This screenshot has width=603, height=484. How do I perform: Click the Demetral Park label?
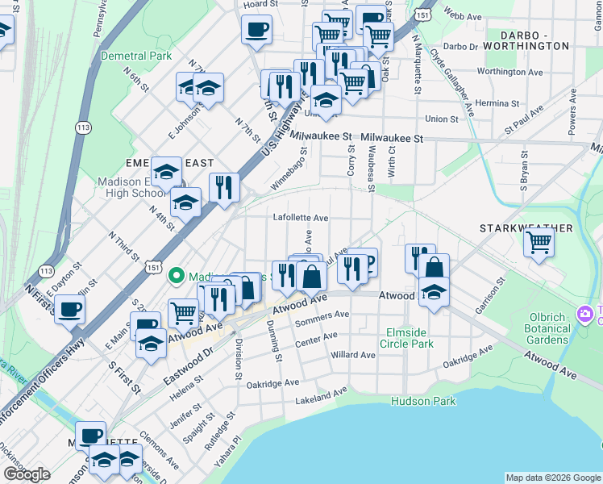(x=136, y=56)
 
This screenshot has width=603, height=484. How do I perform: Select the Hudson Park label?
(x=423, y=401)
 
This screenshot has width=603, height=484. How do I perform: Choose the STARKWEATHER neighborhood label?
(x=526, y=228)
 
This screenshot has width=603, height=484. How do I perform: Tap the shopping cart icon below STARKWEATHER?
(x=539, y=242)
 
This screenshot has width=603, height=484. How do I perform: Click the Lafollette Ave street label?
(x=301, y=218)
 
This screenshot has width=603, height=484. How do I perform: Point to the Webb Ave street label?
(x=462, y=15)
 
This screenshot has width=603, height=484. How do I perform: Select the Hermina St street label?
(x=497, y=104)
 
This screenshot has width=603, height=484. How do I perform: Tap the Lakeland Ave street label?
(x=320, y=396)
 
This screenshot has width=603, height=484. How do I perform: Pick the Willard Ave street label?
(x=353, y=355)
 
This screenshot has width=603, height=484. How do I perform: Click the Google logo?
(x=27, y=474)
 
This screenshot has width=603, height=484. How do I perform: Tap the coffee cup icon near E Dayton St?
(x=70, y=309)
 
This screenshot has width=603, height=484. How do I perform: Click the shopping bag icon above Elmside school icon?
(x=434, y=269)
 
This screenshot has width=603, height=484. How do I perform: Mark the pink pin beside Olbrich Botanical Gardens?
(x=582, y=313)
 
